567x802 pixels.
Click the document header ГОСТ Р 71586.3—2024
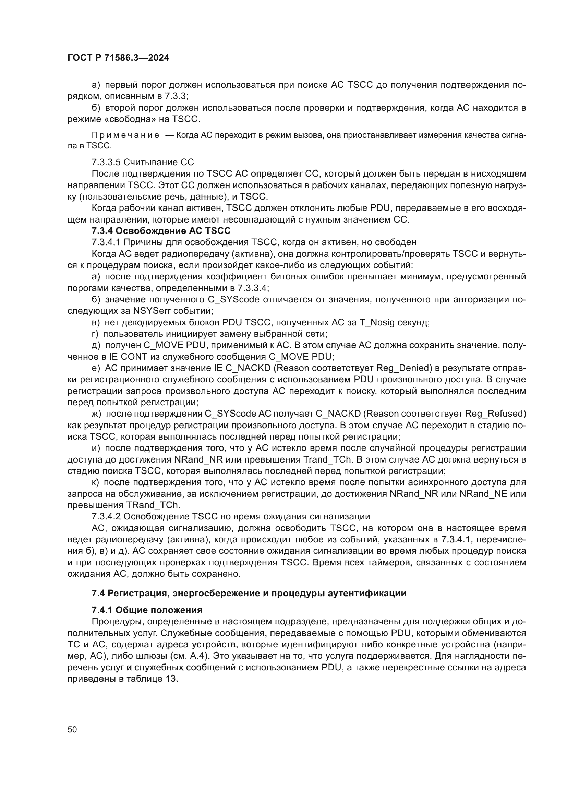click(118, 58)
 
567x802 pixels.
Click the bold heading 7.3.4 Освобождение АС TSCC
click(161, 231)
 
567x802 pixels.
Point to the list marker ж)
click(96, 414)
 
